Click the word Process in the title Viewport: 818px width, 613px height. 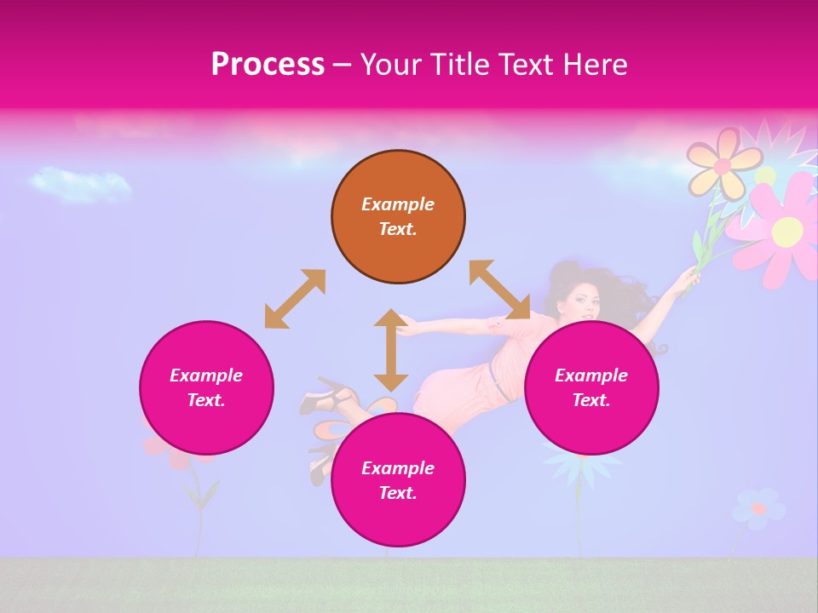[x=268, y=65]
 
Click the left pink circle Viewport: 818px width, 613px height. [x=206, y=387]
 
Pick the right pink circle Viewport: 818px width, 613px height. [x=591, y=387]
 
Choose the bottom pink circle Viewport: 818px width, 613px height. [x=398, y=480]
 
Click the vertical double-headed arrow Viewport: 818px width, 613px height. [x=391, y=350]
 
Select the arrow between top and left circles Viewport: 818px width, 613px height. [x=295, y=299]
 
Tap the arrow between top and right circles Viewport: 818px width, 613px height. [x=499, y=289]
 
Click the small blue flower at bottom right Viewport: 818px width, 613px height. [x=758, y=507]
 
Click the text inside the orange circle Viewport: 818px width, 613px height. [x=398, y=216]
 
